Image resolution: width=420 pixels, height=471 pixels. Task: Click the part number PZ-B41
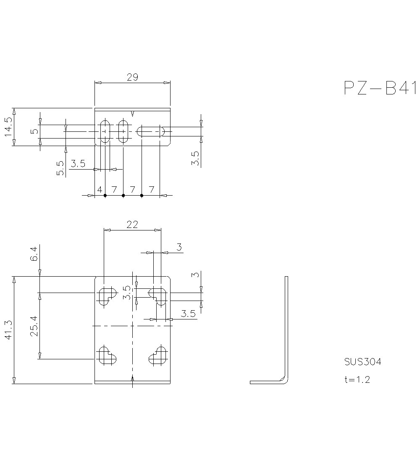(x=379, y=88)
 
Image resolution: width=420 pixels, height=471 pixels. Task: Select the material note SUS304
(x=362, y=362)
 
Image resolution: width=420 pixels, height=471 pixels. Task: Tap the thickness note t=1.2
(x=357, y=380)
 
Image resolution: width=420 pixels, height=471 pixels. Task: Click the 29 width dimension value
(x=132, y=77)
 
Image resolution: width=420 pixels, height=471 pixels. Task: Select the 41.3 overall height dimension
(x=8, y=330)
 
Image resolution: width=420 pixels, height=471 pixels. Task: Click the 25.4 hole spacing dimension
(x=34, y=326)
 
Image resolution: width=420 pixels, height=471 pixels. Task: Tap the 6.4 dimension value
(x=34, y=254)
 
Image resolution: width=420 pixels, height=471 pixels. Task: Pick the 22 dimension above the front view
(x=132, y=225)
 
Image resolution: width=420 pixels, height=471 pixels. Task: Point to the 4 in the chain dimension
(x=100, y=190)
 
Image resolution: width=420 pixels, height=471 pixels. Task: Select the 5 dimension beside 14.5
(x=34, y=131)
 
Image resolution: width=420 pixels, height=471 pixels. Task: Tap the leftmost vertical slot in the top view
(x=105, y=131)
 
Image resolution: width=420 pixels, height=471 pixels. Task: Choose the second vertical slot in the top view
(x=123, y=131)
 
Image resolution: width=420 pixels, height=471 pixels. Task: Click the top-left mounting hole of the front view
(x=107, y=296)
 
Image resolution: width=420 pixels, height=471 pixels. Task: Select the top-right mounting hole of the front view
(x=158, y=296)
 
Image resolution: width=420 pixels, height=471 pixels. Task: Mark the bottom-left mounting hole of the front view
(x=107, y=356)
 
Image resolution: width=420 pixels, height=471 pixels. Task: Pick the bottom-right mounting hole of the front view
(x=158, y=356)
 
